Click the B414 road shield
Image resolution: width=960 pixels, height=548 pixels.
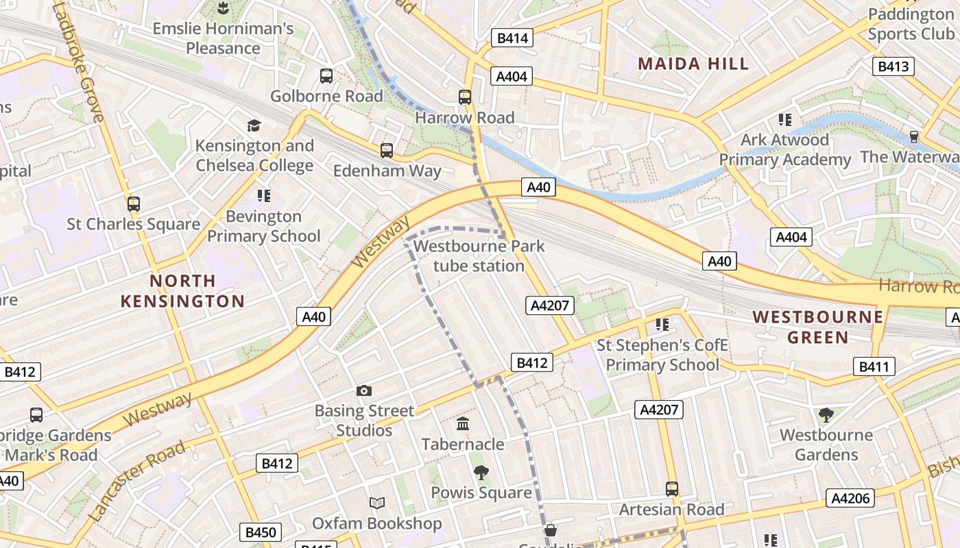click(512, 38)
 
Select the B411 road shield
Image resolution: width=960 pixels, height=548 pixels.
click(874, 366)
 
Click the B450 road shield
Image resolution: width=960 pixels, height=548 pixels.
click(260, 532)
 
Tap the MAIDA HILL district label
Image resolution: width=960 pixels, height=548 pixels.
click(693, 64)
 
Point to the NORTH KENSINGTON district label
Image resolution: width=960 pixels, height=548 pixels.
click(182, 291)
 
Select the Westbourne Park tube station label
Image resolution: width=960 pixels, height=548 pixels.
click(479, 256)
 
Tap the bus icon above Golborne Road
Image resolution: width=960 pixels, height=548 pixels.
click(326, 76)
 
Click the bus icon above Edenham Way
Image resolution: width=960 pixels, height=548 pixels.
click(387, 150)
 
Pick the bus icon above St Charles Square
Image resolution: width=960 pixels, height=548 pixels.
click(134, 203)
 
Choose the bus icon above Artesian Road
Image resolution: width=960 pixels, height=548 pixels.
click(672, 489)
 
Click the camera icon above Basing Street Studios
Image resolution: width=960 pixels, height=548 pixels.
click(364, 390)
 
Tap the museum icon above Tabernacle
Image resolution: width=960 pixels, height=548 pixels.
click(463, 424)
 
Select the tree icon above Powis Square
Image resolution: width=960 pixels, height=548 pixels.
click(481, 472)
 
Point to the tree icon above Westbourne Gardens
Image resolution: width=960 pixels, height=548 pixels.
click(826, 414)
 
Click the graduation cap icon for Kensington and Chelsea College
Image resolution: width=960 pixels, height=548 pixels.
click(254, 125)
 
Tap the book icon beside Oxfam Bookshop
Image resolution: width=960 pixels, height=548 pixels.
click(376, 503)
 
